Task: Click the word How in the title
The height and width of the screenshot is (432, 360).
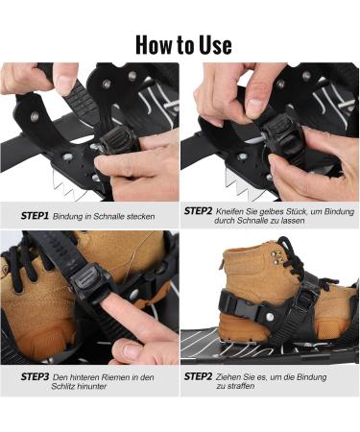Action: pyautogui.click(x=156, y=43)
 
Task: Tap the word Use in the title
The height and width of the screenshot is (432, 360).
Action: pyautogui.click(x=214, y=43)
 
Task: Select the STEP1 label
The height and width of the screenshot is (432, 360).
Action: pyautogui.click(x=35, y=217)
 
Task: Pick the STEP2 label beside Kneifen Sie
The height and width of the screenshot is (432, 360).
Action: pyautogui.click(x=199, y=209)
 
